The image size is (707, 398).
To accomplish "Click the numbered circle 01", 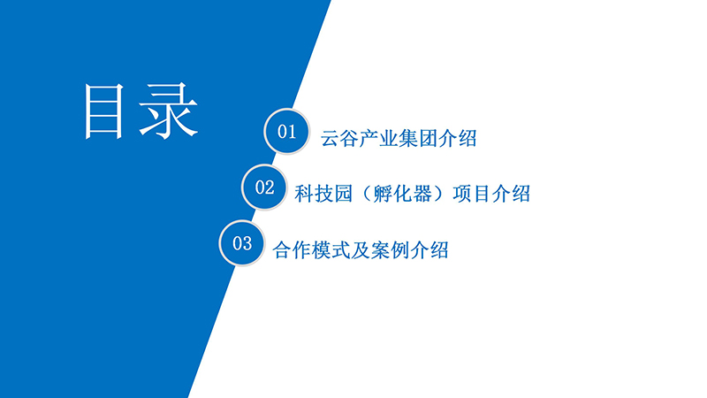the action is tap(286, 131).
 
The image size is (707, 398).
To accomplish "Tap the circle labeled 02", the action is tap(264, 188).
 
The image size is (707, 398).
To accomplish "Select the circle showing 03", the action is tap(241, 243).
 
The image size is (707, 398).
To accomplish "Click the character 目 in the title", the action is tap(103, 111).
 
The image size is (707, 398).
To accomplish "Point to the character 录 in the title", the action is tap(169, 111).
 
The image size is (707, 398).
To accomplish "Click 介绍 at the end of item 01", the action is tap(457, 138).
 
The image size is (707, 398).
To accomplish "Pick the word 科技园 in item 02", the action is tap(323, 194).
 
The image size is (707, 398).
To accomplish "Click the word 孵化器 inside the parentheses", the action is tap(402, 194).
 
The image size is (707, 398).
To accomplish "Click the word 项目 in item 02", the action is tap(472, 194).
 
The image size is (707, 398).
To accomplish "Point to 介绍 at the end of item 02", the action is tap(511, 194).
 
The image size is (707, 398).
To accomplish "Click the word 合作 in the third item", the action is tap(292, 249).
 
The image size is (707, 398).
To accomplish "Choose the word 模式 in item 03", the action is tap(331, 249).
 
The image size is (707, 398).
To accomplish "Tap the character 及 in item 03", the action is tap(361, 249).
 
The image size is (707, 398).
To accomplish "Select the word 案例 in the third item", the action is tap(390, 249).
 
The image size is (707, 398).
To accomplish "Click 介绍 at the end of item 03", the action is tap(429, 249).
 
